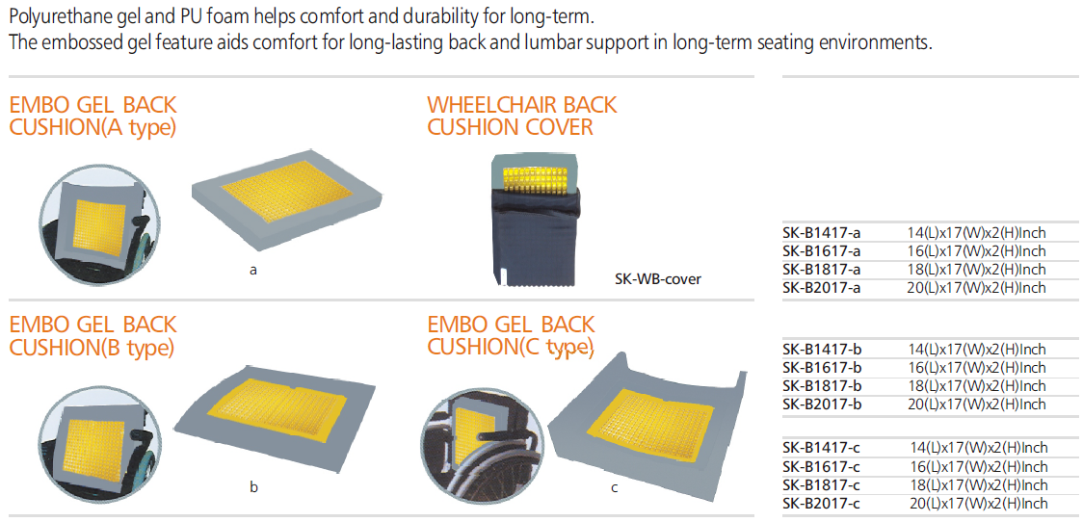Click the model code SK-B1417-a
(x=822, y=233)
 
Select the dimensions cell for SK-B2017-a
(x=976, y=287)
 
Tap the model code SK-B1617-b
(x=822, y=367)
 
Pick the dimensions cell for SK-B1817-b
(x=976, y=385)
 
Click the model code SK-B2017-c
(x=822, y=504)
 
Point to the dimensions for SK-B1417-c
(x=979, y=449)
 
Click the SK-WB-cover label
(x=658, y=279)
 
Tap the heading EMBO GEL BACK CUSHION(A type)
(x=92, y=116)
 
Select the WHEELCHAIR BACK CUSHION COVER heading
(x=522, y=116)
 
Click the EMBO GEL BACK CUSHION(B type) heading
(x=92, y=335)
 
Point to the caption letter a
(x=253, y=271)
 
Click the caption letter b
(x=253, y=487)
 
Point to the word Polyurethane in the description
(x=56, y=15)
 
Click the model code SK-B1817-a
(x=822, y=269)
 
